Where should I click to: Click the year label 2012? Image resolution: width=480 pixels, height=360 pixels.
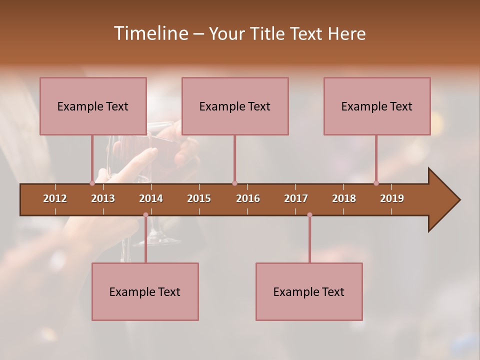pos(55,198)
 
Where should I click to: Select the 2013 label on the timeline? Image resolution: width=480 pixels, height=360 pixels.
pos(103,198)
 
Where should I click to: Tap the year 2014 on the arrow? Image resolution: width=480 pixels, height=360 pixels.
pos(151,198)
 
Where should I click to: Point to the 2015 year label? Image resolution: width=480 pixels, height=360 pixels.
pos(199,198)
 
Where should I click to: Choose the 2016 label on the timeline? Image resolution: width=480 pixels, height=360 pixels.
pos(248,198)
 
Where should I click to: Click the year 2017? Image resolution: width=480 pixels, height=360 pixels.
pos(296,198)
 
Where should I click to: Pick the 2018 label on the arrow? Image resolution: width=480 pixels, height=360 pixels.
pos(344,198)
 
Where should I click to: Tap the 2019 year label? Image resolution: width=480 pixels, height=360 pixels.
pos(392,198)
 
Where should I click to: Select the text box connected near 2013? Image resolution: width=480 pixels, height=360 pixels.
pos(93,106)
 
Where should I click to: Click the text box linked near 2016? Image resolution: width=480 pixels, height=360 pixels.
pos(235,106)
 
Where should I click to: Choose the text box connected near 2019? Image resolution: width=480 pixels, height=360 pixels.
pos(377,106)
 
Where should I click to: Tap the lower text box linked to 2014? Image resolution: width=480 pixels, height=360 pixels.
pos(145,291)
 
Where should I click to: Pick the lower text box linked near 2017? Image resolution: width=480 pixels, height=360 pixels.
pos(309,291)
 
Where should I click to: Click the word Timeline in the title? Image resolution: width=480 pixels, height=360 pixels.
pos(150,33)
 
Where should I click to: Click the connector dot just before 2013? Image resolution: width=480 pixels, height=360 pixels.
pos(92,183)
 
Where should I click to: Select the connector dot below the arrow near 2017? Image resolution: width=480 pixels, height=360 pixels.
pos(309,215)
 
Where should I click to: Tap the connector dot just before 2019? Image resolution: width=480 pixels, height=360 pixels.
pos(376,183)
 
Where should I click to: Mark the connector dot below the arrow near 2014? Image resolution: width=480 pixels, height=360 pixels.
pos(145,215)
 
